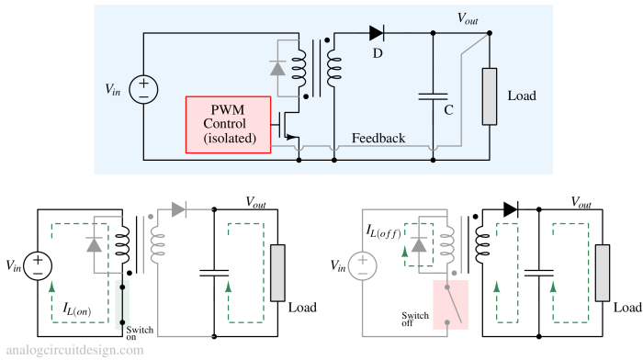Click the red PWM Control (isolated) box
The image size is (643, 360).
pos(228,124)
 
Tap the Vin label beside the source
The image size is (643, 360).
pos(112,90)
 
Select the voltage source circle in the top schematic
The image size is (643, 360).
pos(144,90)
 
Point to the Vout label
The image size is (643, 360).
pos(468,18)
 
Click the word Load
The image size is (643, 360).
pos(521,96)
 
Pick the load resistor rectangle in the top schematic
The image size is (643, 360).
pos(489,96)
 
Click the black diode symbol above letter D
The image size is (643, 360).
pos(376,33)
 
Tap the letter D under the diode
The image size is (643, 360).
pos(377,53)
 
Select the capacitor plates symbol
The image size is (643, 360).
pos(432,96)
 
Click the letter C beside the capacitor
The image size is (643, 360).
pos(448,110)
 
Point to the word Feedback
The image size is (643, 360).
pos(378,139)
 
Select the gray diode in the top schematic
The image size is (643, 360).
pos(277,68)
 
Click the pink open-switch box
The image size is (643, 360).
pos(450,304)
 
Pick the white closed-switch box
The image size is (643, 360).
pos(124,304)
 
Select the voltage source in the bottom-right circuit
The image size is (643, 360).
pos(362,267)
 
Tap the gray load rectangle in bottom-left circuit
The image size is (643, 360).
pos(277,273)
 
